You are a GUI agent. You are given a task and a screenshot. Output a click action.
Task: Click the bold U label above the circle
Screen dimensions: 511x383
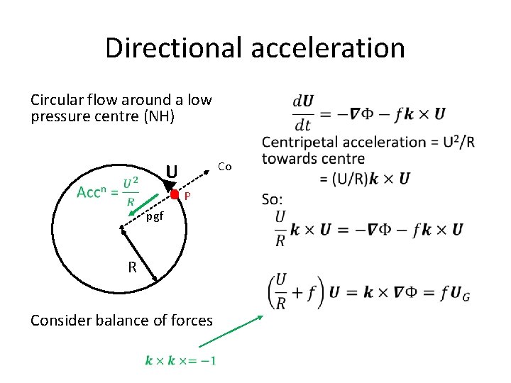pos(171,172)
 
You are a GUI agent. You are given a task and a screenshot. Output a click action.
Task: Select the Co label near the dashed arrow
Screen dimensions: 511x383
pos(225,167)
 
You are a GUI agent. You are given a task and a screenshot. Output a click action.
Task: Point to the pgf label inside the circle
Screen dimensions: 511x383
pos(155,216)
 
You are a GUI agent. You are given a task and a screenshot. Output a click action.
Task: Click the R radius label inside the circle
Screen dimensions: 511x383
pos(132,267)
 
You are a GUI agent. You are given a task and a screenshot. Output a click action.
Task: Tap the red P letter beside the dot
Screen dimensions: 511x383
pos(187,196)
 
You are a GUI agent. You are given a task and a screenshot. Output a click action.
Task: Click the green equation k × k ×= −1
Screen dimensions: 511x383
pos(181,360)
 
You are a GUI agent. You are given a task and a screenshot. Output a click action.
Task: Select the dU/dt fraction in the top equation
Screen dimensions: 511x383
pos(304,111)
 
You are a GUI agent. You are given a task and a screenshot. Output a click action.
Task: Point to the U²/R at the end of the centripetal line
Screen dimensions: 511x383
pos(462,142)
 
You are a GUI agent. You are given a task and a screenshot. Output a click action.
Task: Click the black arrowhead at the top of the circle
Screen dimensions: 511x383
pos(169,187)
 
